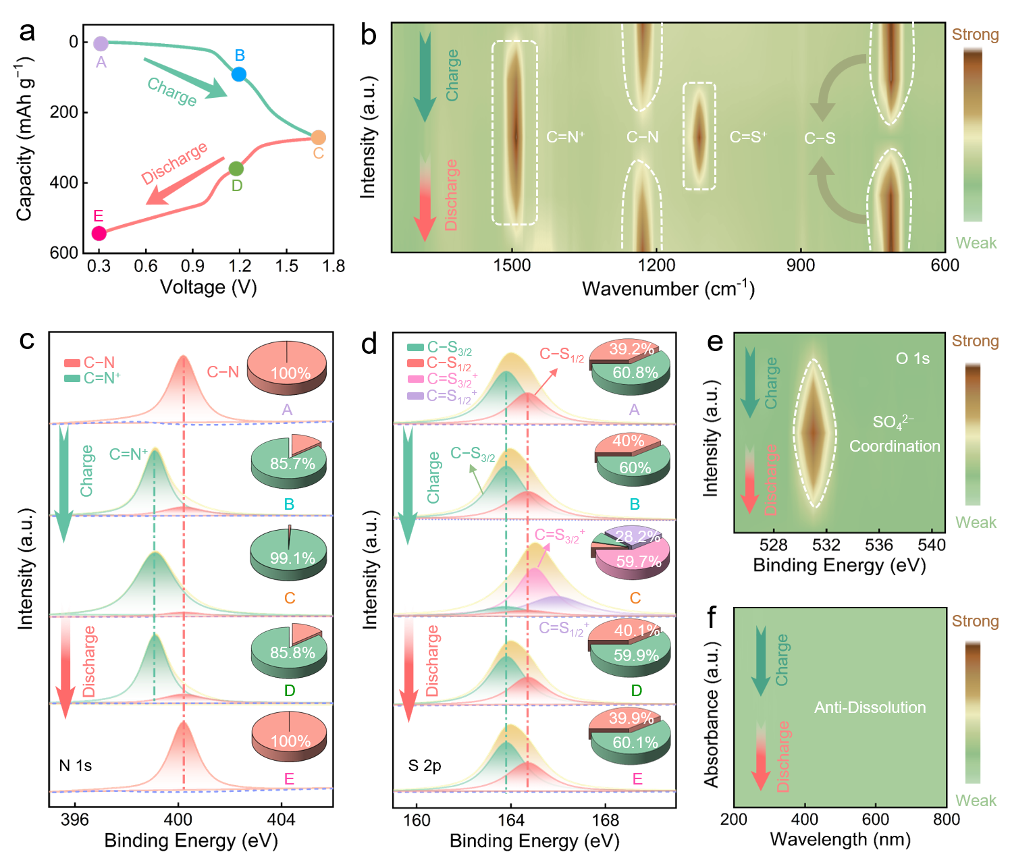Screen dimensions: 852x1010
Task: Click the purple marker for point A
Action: (x=101, y=44)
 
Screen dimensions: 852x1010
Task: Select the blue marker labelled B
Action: (x=239, y=74)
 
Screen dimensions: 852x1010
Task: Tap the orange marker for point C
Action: (x=319, y=138)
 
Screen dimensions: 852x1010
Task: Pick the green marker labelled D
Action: (x=236, y=169)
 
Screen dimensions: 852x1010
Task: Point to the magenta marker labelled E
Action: (x=99, y=234)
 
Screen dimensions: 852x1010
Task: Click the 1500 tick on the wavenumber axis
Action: (x=512, y=265)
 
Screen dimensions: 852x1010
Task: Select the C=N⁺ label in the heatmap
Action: (x=565, y=137)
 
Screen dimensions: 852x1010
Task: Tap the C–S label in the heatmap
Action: (x=820, y=138)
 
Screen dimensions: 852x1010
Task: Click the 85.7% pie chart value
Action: (x=292, y=464)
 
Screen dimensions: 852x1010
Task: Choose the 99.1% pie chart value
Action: (x=292, y=558)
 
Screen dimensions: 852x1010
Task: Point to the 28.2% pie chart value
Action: (x=637, y=537)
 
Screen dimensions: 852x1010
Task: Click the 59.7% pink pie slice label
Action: (x=638, y=562)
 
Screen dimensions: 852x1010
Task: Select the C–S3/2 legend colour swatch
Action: (x=415, y=348)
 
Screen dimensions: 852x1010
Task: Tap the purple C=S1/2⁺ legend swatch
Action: (x=415, y=395)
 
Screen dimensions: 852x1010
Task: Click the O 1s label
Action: (x=912, y=359)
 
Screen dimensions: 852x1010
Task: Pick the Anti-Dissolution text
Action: (x=870, y=708)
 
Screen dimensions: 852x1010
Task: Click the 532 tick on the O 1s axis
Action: (x=826, y=545)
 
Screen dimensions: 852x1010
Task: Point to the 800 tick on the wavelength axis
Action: (x=946, y=819)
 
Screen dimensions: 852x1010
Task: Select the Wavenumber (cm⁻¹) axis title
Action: (x=668, y=289)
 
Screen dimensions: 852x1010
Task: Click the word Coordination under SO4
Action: (x=894, y=446)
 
